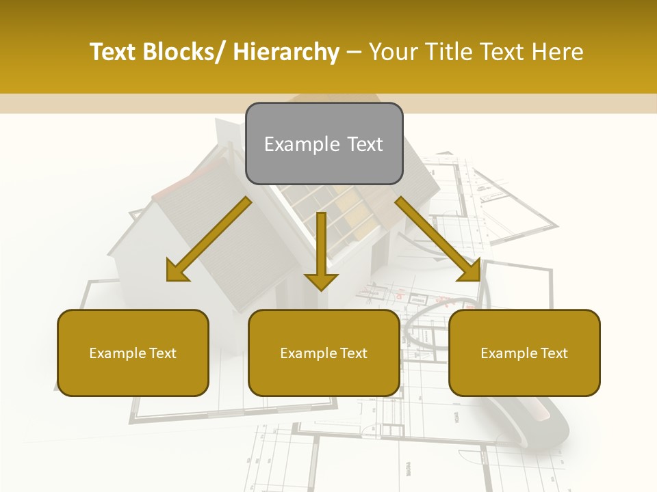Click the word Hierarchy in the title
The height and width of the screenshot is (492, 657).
(x=286, y=53)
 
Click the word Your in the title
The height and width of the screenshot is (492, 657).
(x=393, y=53)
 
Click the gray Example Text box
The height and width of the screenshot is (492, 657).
(x=324, y=143)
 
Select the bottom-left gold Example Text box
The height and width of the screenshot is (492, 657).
(x=133, y=353)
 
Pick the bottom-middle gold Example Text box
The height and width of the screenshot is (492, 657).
(x=324, y=353)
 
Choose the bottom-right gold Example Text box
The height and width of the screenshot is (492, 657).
(x=524, y=353)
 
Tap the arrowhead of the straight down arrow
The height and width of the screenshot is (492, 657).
(x=321, y=280)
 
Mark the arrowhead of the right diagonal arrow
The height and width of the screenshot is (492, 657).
(x=469, y=271)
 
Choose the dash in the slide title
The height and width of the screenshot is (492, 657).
(x=354, y=53)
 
